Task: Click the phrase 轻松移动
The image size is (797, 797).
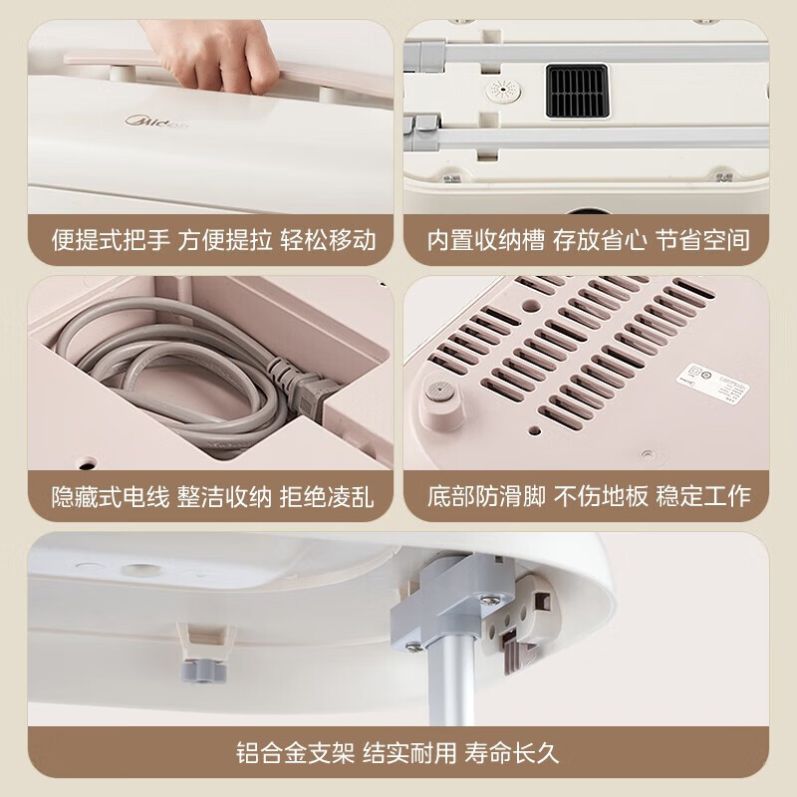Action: [x=330, y=240]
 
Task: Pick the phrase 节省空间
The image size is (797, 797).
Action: [x=703, y=240]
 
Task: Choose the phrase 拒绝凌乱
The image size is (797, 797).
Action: [x=330, y=495]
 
